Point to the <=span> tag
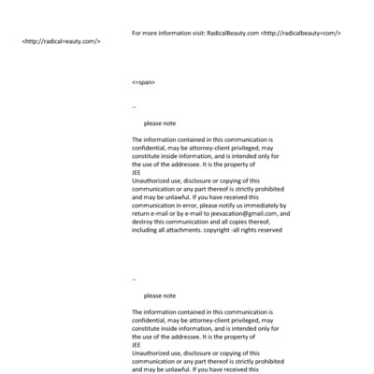144,83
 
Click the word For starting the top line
138,33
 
